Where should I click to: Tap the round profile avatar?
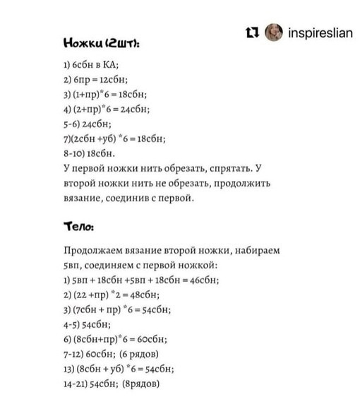point(272,32)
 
